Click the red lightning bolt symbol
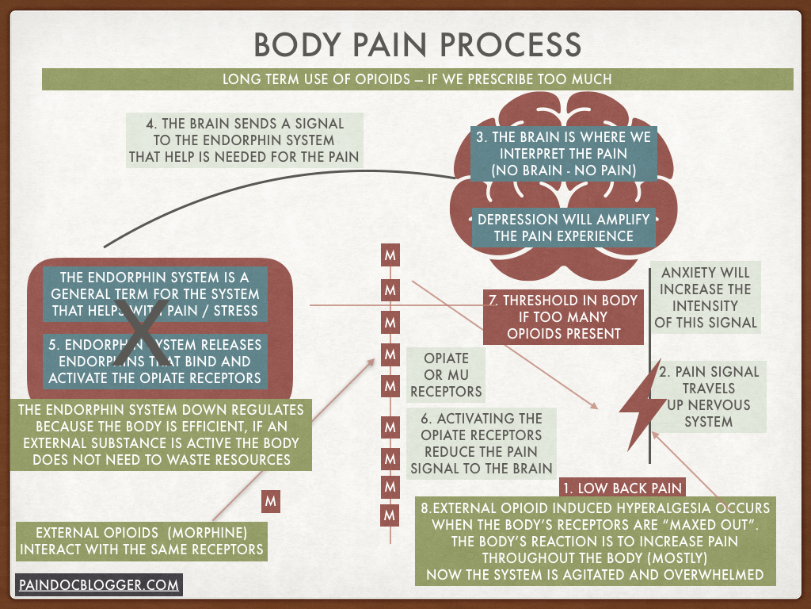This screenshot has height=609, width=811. [634, 410]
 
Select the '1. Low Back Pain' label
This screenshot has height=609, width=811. [621, 488]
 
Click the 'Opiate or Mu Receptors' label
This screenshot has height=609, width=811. [446, 374]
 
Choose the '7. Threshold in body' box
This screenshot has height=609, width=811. [564, 317]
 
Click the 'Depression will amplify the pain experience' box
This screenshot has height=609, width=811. [564, 228]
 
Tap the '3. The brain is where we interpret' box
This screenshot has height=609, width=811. [563, 154]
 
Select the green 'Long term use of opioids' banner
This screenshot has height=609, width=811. [417, 79]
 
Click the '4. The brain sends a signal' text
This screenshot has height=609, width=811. [244, 140]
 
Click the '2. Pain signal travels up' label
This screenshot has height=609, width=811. [709, 396]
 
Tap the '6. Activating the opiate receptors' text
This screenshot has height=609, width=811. [481, 442]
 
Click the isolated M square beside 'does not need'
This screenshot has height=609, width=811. [271, 501]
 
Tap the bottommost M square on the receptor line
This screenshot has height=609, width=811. [390, 515]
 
